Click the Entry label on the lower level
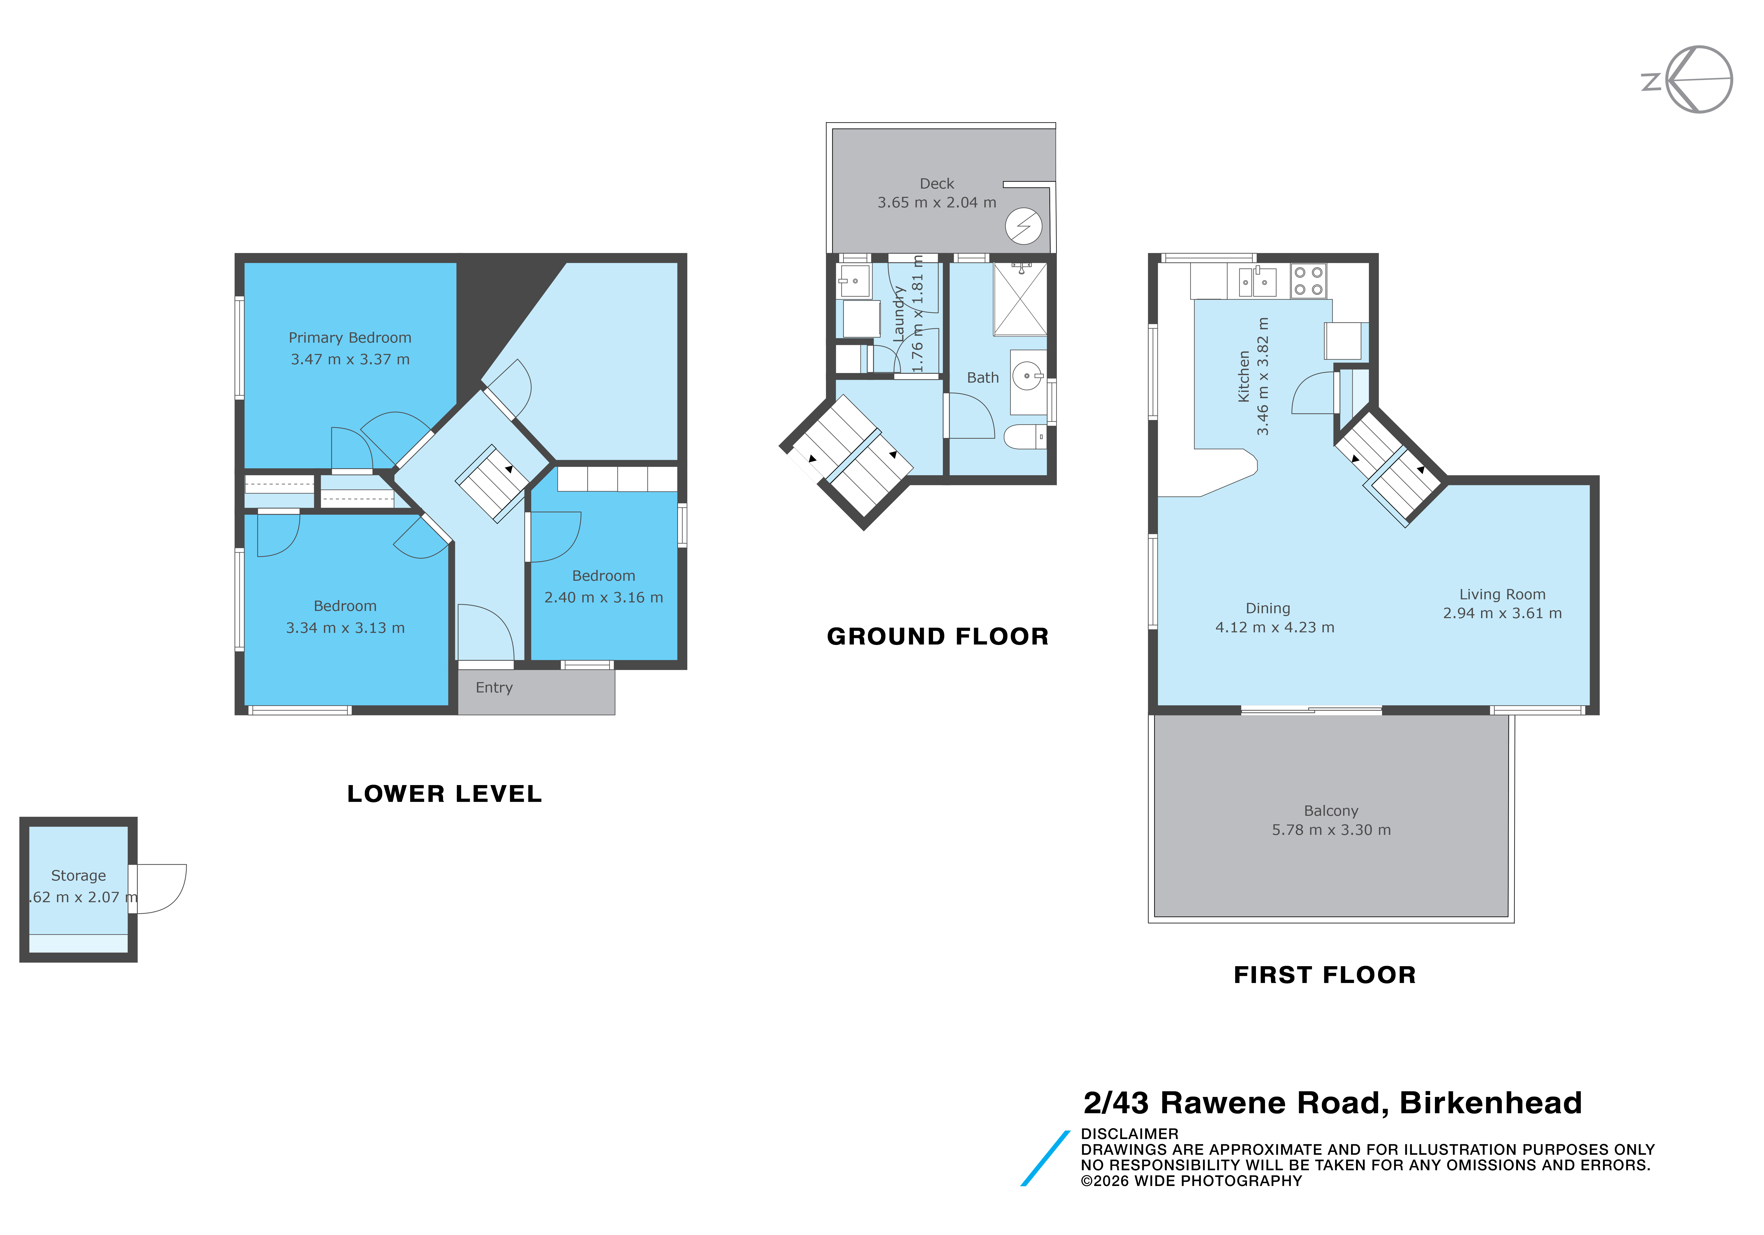(x=494, y=688)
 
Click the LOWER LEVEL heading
(x=445, y=794)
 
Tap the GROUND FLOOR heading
(x=938, y=636)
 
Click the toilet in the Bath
(x=1025, y=437)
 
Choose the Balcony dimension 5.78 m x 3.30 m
(x=1332, y=830)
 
